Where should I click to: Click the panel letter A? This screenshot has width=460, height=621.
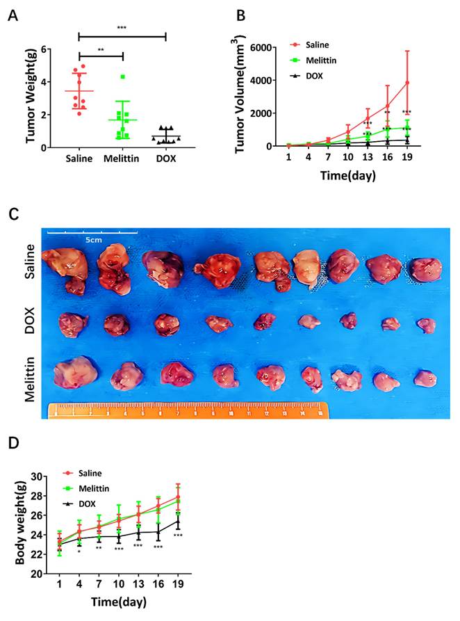tap(13, 16)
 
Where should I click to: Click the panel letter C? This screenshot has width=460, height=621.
tap(13, 214)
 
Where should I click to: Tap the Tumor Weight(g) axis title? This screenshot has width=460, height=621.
tap(31, 97)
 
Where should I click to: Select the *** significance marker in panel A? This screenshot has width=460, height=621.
tap(122, 27)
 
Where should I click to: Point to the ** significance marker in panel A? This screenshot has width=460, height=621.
tap(101, 49)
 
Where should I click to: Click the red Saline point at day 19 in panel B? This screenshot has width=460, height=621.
tap(407, 83)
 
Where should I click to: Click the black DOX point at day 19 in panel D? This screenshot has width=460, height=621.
tap(178, 522)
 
